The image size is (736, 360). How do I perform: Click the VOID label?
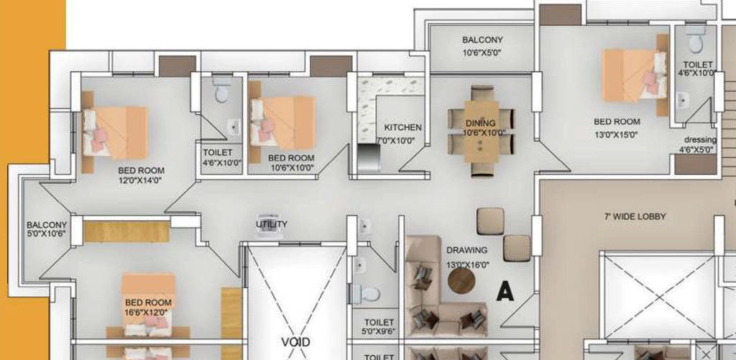click(x=295, y=342)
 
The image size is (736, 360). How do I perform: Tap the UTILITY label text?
click(x=272, y=224)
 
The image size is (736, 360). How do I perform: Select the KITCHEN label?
click(x=402, y=127)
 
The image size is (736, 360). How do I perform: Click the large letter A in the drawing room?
click(x=505, y=291)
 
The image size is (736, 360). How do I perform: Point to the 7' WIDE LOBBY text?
click(x=635, y=216)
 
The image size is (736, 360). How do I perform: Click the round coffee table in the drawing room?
click(x=461, y=281)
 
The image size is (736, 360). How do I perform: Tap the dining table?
click(x=481, y=131)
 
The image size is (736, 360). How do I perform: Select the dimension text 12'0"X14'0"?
click(x=140, y=180)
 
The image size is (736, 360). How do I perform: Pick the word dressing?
click(x=700, y=140)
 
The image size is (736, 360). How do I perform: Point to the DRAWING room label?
click(x=466, y=250)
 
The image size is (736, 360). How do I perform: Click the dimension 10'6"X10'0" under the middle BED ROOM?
click(x=292, y=167)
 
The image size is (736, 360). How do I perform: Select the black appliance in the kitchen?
click(x=368, y=158)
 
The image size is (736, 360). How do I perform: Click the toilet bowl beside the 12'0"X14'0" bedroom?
click(x=222, y=91)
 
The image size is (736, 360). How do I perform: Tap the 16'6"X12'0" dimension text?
click(x=147, y=312)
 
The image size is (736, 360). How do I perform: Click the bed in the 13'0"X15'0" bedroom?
click(x=635, y=75)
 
